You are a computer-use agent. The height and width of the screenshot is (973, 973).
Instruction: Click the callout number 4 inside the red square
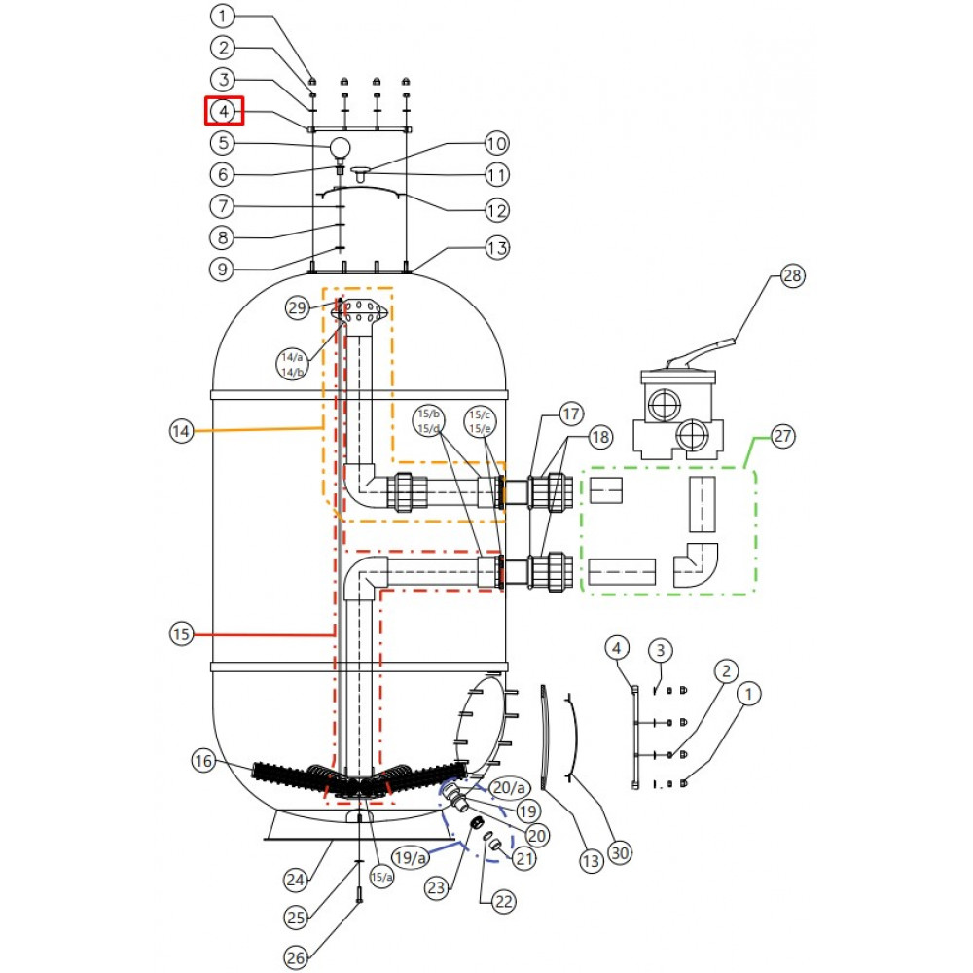click(224, 111)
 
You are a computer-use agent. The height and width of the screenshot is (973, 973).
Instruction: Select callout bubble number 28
click(792, 275)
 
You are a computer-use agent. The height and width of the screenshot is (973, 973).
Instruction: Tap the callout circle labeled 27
click(782, 436)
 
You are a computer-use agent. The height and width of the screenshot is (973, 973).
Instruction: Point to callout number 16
click(203, 761)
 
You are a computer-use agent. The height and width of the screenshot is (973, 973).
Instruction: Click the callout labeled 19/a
click(411, 857)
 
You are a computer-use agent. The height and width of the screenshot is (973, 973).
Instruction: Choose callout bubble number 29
click(297, 307)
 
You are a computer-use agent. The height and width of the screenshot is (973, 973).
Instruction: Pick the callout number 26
click(296, 957)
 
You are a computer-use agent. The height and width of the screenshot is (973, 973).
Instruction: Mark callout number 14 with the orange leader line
click(181, 431)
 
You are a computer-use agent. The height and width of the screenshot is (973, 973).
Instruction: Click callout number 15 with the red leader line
click(181, 634)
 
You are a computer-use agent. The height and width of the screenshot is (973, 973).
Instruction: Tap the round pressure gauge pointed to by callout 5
click(340, 148)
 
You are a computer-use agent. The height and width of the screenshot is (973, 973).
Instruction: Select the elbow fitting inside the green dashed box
click(696, 565)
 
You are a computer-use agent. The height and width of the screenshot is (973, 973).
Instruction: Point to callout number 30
click(620, 852)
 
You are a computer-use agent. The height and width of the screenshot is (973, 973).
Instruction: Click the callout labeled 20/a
click(509, 787)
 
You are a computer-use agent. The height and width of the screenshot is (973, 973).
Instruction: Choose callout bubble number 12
click(496, 211)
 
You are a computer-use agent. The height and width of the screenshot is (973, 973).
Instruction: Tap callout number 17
click(570, 414)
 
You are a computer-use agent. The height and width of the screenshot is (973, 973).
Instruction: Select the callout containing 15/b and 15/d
click(429, 421)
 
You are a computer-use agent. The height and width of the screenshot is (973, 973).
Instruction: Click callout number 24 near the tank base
click(296, 880)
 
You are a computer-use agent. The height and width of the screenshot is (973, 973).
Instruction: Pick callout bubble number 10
click(496, 144)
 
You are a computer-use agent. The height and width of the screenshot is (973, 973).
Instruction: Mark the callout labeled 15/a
click(381, 877)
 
